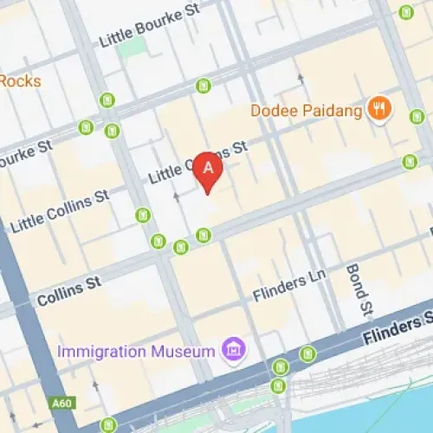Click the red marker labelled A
point(207,170)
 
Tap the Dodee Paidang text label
point(306,110)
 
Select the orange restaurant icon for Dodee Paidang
point(378,109)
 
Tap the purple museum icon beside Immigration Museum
point(232,350)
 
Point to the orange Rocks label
point(19,81)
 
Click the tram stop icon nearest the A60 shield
point(107,424)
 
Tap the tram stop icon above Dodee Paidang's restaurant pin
point(406,12)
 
